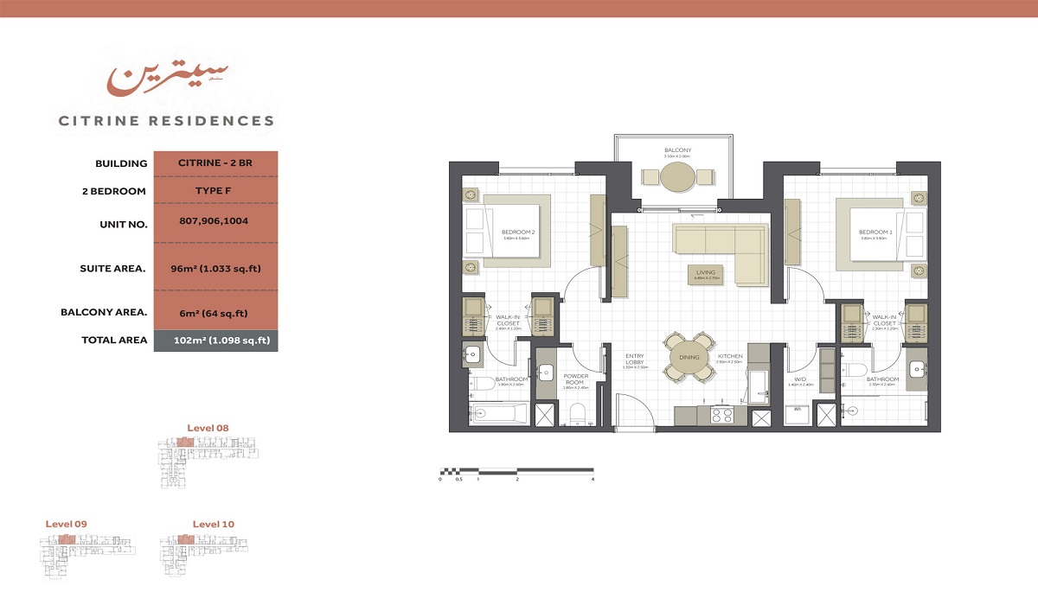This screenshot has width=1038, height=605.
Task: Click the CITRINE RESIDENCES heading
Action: click(x=166, y=121)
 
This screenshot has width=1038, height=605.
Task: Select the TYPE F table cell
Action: click(x=215, y=191)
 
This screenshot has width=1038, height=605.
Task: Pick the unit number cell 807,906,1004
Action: click(x=215, y=221)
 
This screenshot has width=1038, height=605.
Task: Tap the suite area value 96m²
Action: click(x=215, y=269)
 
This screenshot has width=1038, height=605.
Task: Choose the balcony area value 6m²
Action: click(x=215, y=313)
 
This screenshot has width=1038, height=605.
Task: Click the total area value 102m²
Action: click(x=215, y=341)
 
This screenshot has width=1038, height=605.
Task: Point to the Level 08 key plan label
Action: click(x=208, y=428)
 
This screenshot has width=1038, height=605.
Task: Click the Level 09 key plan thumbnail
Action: click(x=87, y=552)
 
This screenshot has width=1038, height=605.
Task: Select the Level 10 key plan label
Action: click(x=213, y=524)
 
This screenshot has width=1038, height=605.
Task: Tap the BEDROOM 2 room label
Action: click(x=519, y=232)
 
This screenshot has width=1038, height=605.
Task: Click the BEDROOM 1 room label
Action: click(x=875, y=232)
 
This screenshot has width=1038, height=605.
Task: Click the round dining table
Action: click(x=690, y=356)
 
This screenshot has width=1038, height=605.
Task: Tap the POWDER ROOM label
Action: click(x=575, y=379)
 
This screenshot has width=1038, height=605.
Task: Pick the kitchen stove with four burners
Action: click(x=721, y=416)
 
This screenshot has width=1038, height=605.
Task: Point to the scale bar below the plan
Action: click(x=516, y=472)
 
